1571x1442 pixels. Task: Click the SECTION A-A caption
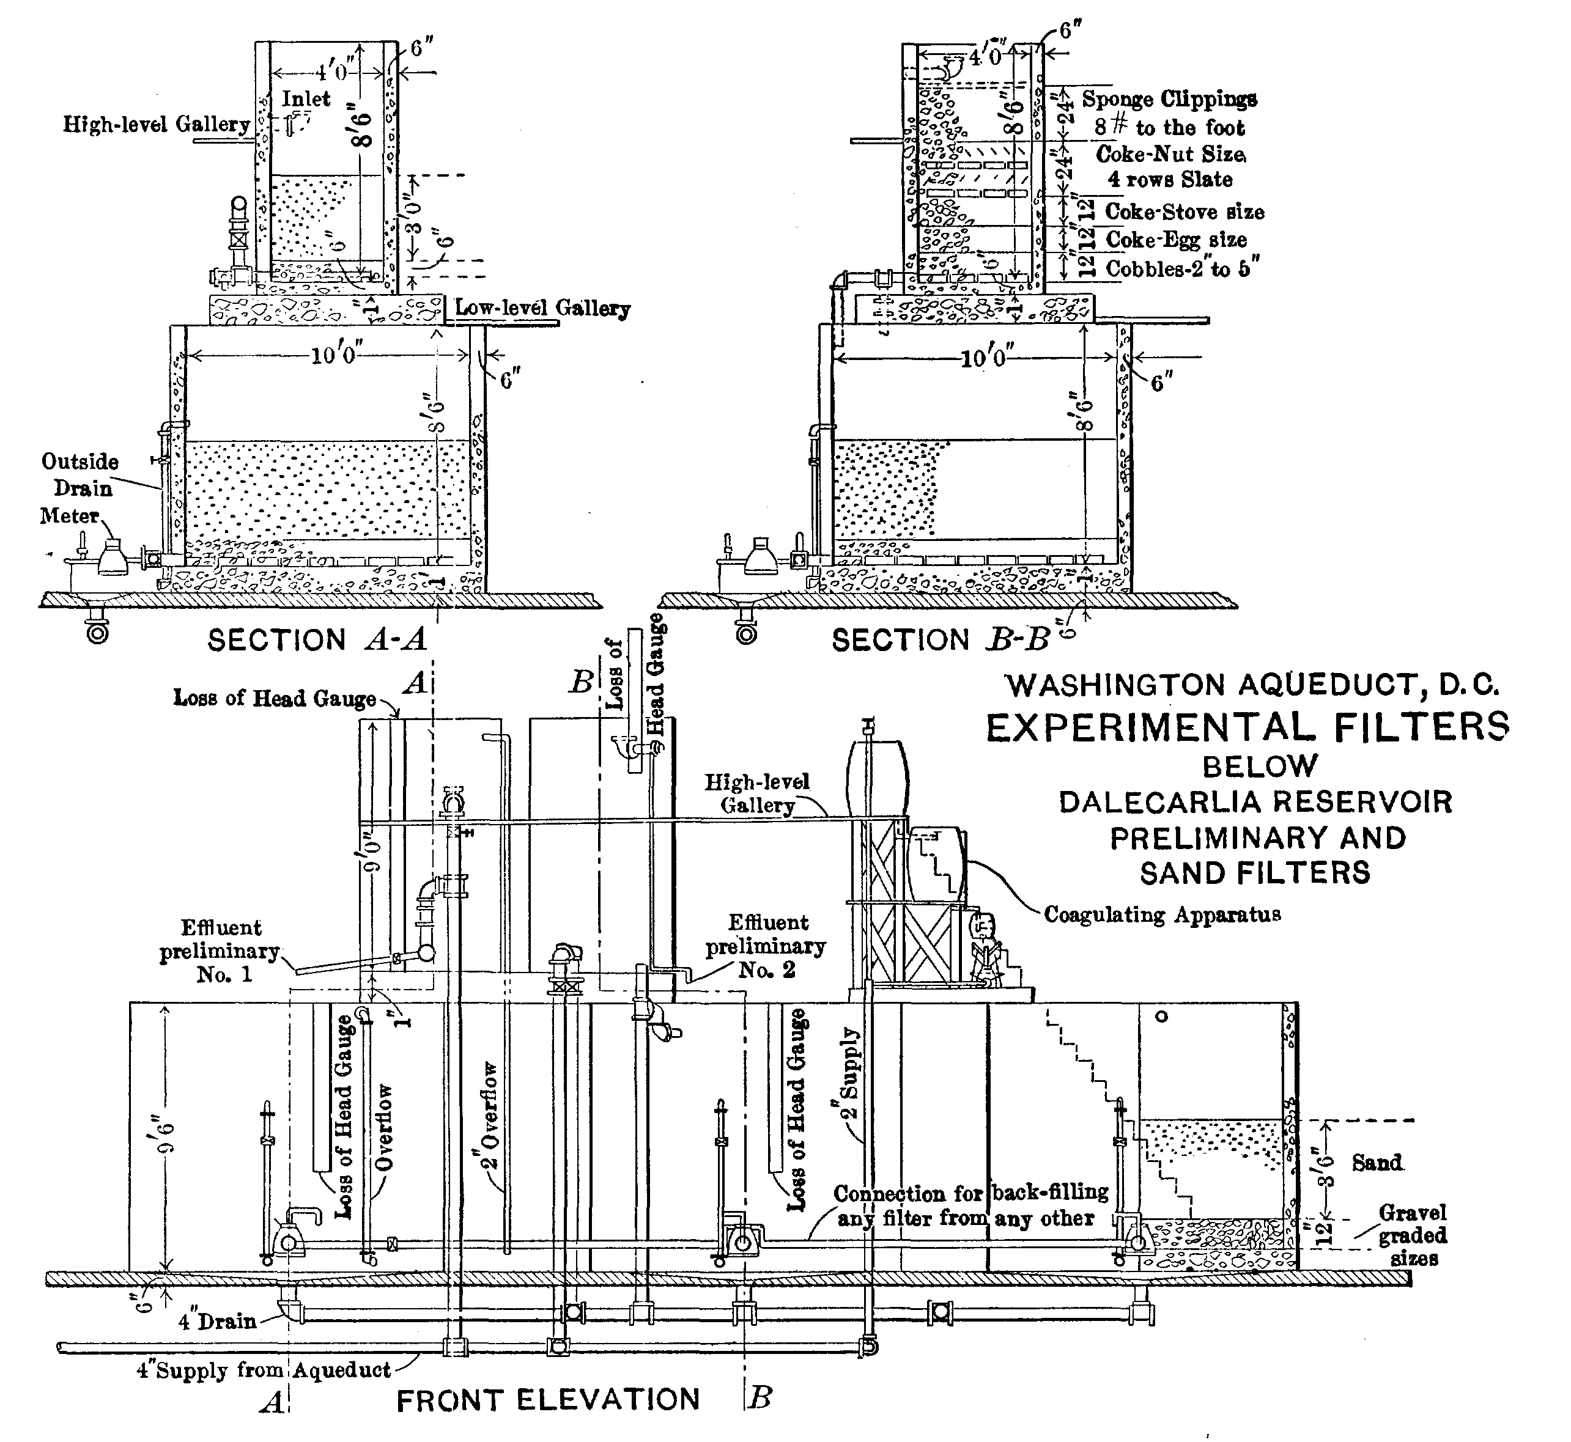click(x=317, y=640)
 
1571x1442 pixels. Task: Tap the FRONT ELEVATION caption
click(x=548, y=1399)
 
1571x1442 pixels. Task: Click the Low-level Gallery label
click(x=542, y=307)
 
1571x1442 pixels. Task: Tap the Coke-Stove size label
click(x=1185, y=212)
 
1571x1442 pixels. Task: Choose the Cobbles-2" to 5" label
click(x=1182, y=268)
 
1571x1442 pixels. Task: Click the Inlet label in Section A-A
click(x=306, y=98)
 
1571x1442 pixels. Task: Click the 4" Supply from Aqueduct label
click(x=264, y=1370)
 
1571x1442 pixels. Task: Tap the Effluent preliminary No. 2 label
click(x=766, y=946)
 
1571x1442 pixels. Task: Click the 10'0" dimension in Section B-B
click(x=985, y=358)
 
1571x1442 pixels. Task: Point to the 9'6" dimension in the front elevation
click(x=166, y=1137)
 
